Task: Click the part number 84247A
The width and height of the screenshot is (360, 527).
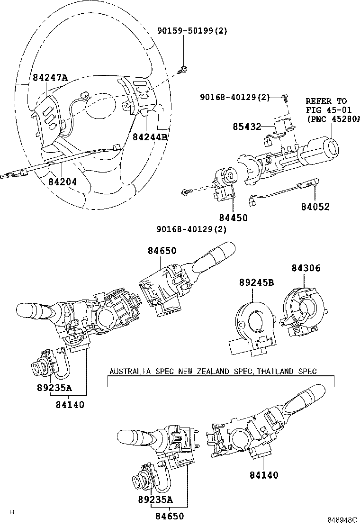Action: tap(50, 78)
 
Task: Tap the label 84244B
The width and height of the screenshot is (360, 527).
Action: tap(150, 137)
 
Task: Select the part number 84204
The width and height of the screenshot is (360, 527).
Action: tap(62, 182)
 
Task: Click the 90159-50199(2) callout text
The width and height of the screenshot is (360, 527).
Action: tap(192, 31)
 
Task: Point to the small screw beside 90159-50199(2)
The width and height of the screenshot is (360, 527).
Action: tap(183, 71)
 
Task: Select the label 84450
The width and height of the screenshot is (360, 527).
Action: tap(233, 218)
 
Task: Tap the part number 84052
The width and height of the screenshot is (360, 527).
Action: tap(315, 207)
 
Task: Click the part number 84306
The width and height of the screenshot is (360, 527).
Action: tap(306, 268)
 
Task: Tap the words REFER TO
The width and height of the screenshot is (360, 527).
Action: tap(326, 101)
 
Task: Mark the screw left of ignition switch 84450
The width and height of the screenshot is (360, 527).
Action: tap(185, 192)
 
